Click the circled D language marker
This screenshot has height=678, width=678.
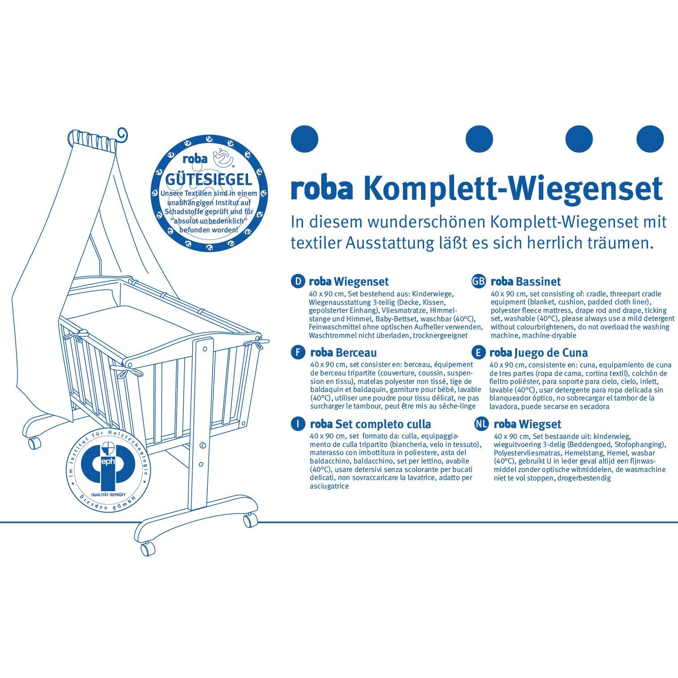coord(297,281)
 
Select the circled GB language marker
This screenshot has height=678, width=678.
coord(479,281)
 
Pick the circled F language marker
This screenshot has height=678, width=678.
coord(297,353)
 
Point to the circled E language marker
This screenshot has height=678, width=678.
coord(479,353)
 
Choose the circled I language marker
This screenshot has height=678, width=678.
coord(297,424)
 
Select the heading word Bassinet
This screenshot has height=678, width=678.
coord(538,282)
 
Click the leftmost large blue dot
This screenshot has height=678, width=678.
coord(304,139)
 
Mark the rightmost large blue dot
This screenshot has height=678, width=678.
coord(650,139)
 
